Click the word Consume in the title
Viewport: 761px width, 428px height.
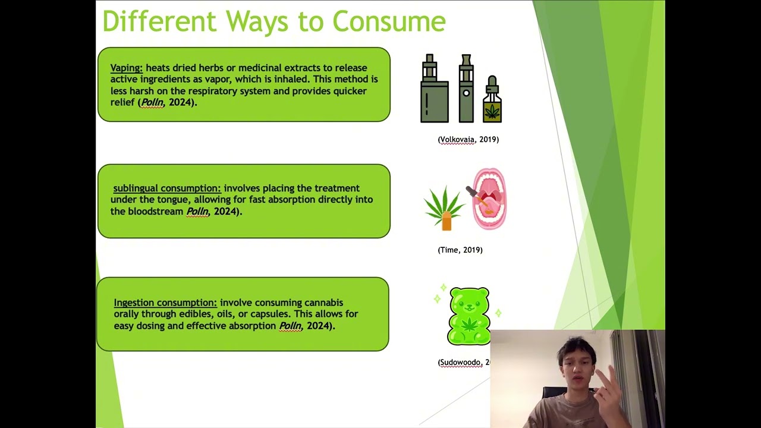coord(389,21)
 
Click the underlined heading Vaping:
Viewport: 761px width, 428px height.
coord(127,68)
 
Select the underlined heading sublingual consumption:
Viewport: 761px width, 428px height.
coord(167,188)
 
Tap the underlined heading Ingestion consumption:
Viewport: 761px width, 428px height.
coord(165,303)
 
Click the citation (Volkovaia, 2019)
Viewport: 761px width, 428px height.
coord(468,139)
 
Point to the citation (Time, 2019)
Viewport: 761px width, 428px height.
coord(460,250)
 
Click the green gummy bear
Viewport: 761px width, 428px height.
coord(469,316)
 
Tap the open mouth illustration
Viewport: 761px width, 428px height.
coord(489,199)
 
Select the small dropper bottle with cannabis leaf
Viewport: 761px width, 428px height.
coord(492,99)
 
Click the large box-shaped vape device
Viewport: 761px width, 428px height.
coord(434,89)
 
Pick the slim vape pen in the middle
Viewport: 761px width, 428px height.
coord(466,89)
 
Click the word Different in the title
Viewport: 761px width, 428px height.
coord(159,21)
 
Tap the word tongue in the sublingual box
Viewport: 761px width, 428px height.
coord(172,200)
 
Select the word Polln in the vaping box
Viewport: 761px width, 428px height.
coord(152,102)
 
